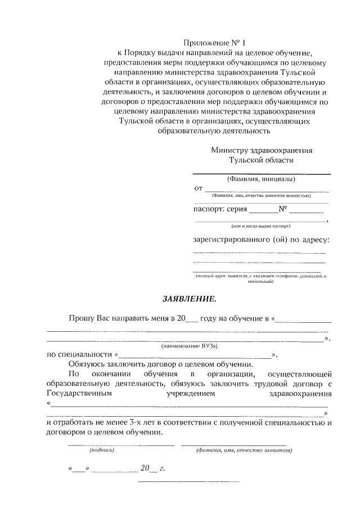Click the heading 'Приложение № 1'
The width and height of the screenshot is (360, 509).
tap(215, 43)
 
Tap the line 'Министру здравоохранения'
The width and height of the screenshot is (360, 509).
tap(262, 151)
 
